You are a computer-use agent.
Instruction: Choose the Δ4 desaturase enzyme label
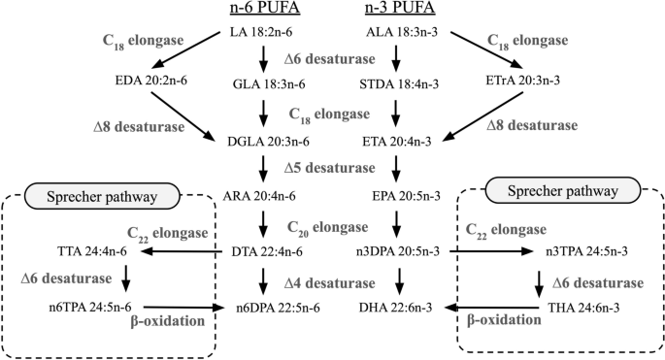pos(328,282)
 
